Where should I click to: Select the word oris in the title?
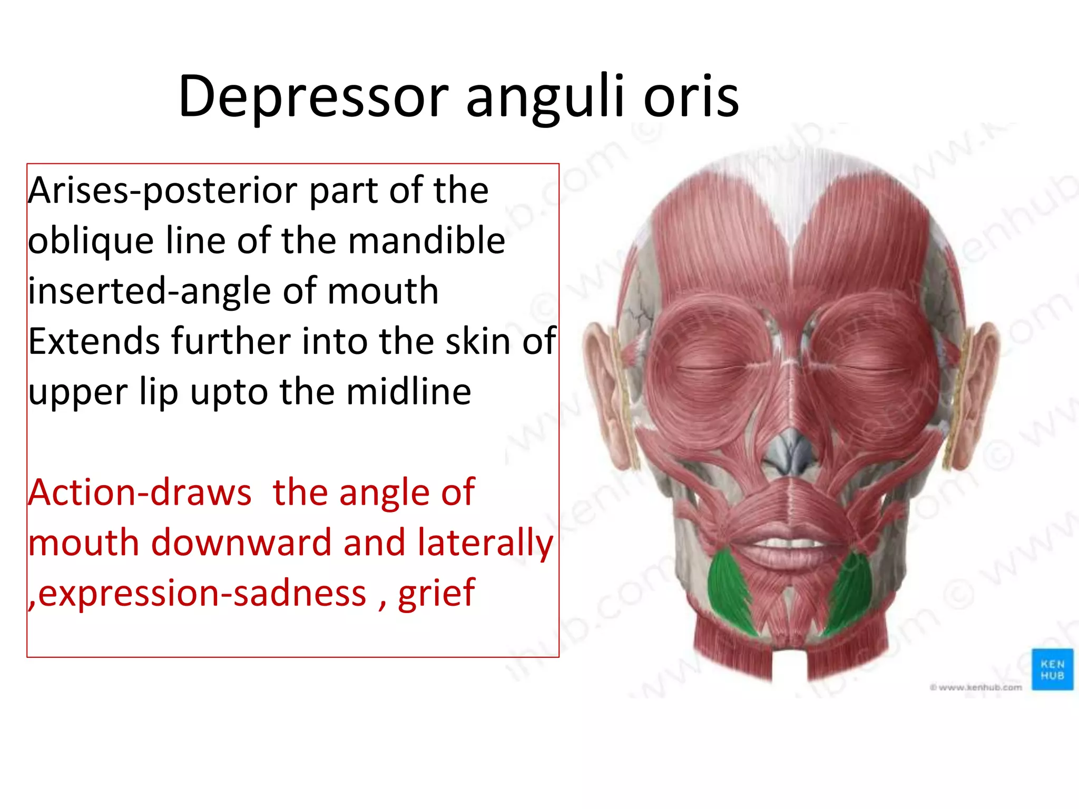tap(691, 96)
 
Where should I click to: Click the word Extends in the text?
tap(94, 341)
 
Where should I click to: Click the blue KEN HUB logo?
tap(1052, 669)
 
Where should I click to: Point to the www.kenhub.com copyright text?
tap(976, 687)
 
